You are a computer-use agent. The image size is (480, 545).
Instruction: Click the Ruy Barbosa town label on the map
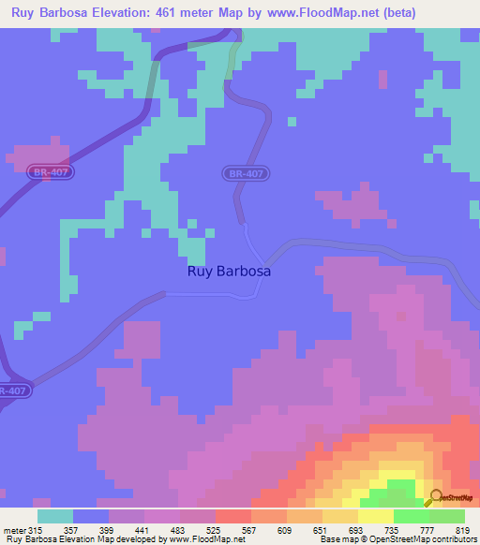coord(230,272)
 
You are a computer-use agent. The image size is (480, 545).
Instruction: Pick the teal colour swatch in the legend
coord(55,516)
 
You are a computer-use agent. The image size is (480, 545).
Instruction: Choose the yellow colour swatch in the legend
coord(376,516)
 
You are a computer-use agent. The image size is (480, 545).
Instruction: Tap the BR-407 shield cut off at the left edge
coord(11,390)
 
